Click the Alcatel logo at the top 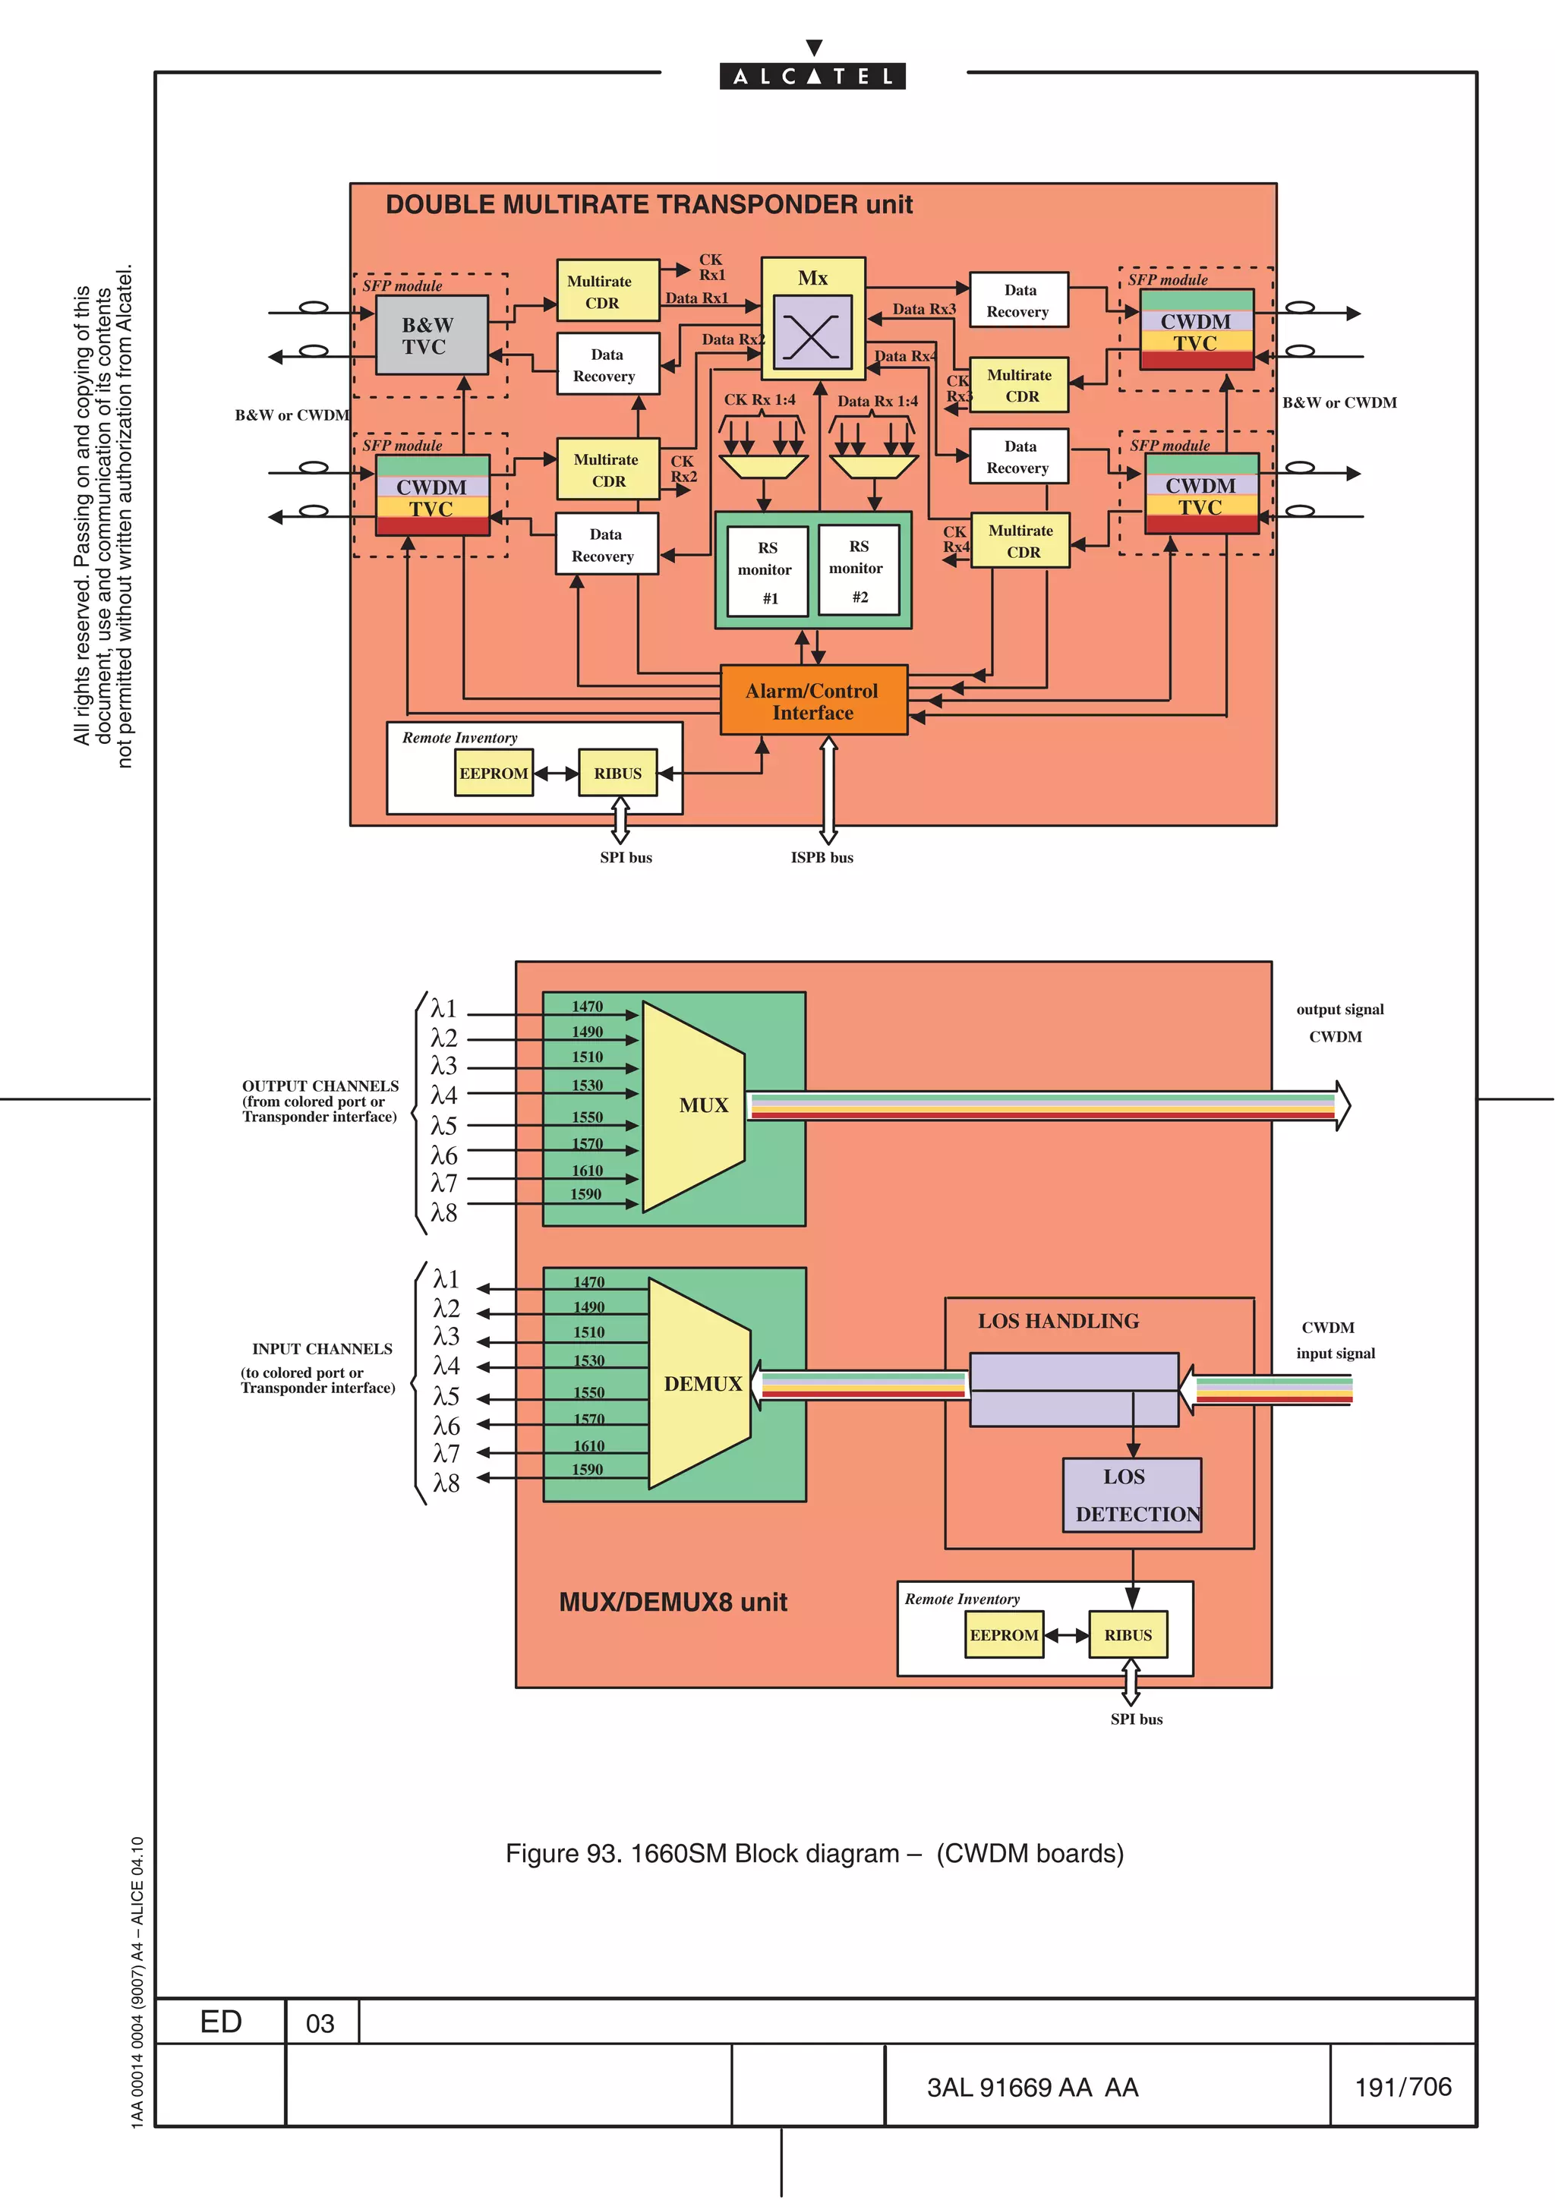click(812, 76)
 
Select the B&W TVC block click(431, 336)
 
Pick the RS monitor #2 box click(859, 570)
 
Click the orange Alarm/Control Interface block click(812, 701)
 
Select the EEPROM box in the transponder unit click(494, 774)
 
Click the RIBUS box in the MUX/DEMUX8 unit click(1128, 1634)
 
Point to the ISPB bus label click(821, 858)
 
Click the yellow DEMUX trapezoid click(700, 1384)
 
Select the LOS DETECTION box click(1131, 1496)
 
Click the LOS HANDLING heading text click(1058, 1322)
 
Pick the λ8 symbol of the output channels click(443, 1213)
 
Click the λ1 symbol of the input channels click(446, 1279)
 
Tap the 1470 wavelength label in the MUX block click(588, 1006)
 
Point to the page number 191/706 click(1402, 2087)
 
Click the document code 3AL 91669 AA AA click(1032, 2087)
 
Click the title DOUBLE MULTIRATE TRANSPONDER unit click(648, 205)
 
